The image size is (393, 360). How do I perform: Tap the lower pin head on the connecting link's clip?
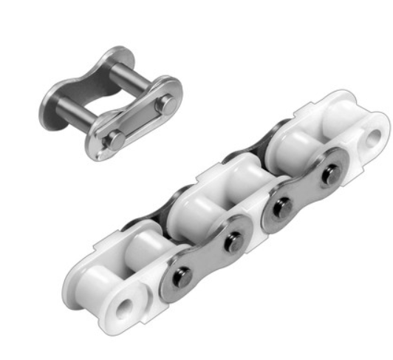pos(115,138)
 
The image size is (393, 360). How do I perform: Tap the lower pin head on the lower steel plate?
pos(182,276)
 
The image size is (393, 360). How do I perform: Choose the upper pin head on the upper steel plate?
pos(330,174)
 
